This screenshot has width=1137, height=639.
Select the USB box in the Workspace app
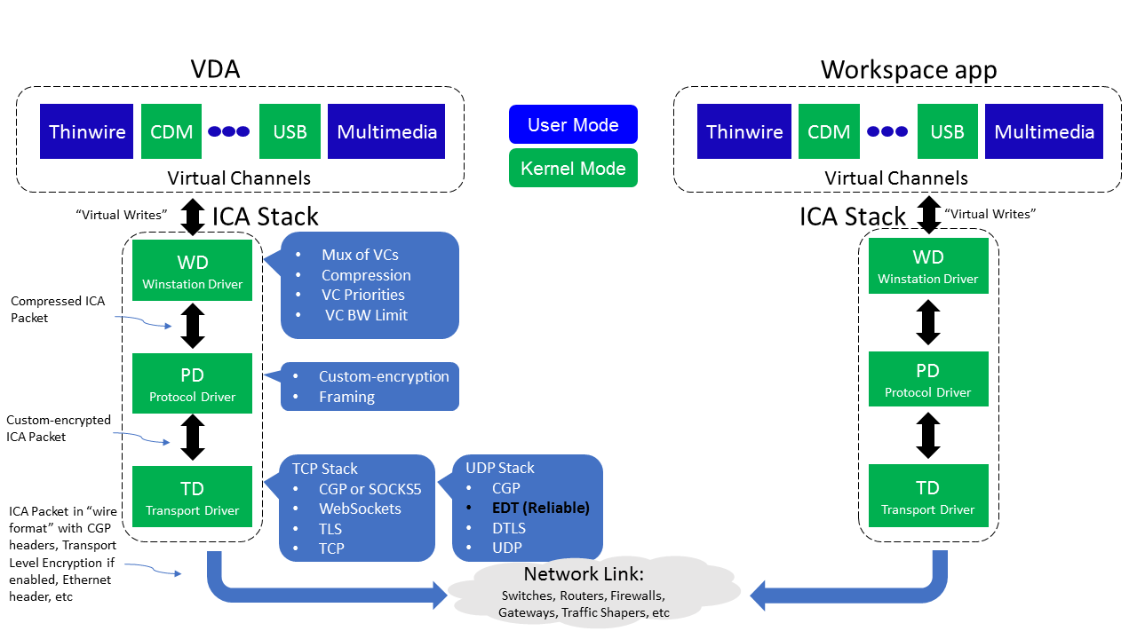(x=947, y=131)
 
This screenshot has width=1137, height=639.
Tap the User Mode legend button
(x=573, y=124)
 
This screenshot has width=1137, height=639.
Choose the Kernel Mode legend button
(x=573, y=169)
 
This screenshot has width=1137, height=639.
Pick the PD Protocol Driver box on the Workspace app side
(x=927, y=379)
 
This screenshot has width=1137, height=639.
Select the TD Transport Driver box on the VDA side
(x=192, y=497)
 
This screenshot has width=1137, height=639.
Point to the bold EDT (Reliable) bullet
(x=540, y=509)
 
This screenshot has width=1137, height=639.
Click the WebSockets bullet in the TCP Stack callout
(x=360, y=509)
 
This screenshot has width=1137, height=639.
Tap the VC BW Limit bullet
(x=366, y=315)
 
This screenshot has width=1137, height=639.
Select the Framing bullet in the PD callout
(x=346, y=397)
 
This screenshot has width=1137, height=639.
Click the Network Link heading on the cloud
(x=583, y=573)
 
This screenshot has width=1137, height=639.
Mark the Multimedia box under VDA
(x=386, y=131)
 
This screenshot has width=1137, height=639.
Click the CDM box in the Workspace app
(x=829, y=131)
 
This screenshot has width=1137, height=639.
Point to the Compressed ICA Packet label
(x=58, y=309)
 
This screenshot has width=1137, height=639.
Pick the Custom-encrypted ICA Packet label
(x=58, y=428)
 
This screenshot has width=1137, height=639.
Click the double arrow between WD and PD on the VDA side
(x=193, y=326)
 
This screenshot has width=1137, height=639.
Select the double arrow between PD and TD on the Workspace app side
(x=928, y=436)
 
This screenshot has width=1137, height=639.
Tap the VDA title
(x=215, y=69)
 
